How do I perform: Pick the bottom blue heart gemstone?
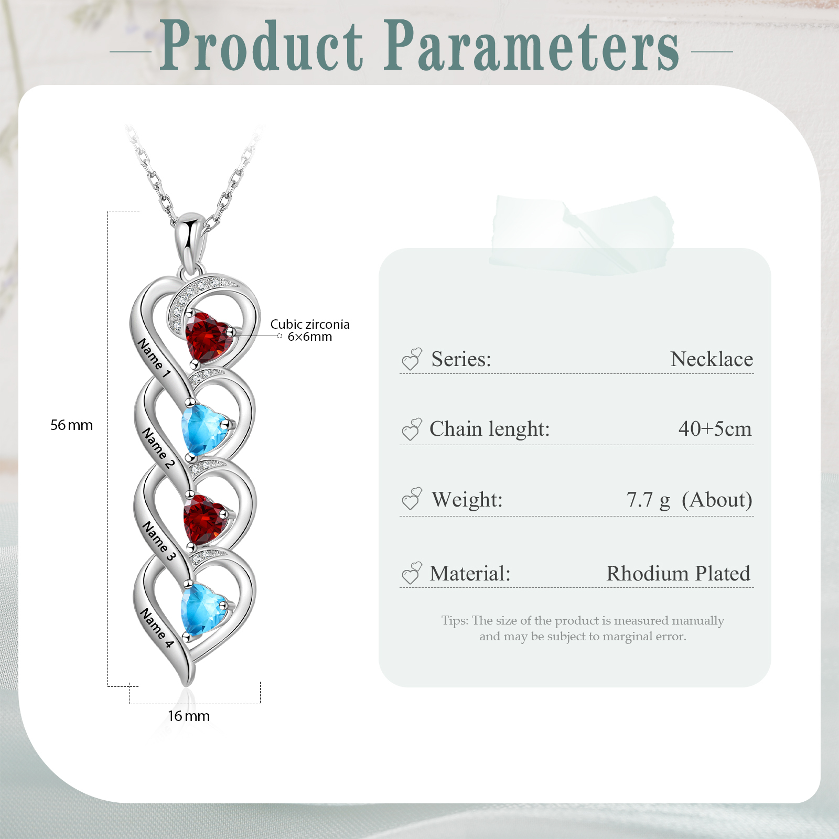coord(204,608)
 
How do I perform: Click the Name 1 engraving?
coord(154,358)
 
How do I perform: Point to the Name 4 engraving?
coord(156,628)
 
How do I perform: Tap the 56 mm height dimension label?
coord(71,425)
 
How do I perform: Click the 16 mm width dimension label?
coord(189,716)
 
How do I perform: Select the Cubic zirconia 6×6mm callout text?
coord(309,330)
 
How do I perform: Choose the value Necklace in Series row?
coord(712,360)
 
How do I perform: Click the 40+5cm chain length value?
coord(715,429)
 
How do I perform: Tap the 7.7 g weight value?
coord(648,500)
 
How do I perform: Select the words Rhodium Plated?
coord(678,574)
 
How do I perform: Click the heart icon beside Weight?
coord(412,499)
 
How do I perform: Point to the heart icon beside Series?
coord(412,359)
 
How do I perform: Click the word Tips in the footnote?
coord(454,621)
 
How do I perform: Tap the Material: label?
coord(470,574)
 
